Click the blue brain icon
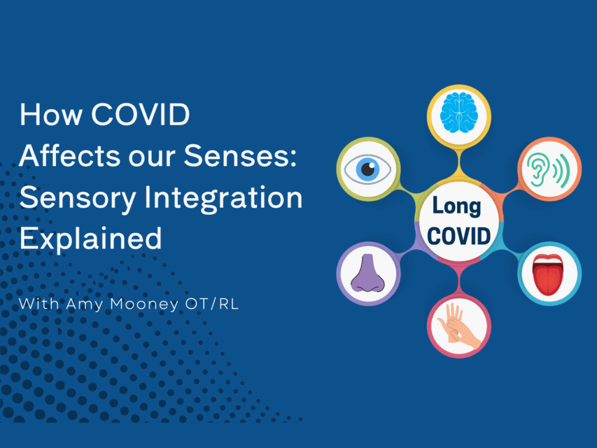pos(459,113)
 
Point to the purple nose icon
pos(367,273)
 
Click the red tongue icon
pos(548,274)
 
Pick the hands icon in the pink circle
pos(459,326)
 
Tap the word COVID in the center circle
pos(459,236)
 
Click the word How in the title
pos(51,114)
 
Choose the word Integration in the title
pos(223,198)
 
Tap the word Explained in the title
pos(90,239)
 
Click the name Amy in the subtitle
pos(84,304)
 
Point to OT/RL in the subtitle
pos(212,304)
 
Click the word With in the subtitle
pos(39,304)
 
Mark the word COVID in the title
pos(140,114)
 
